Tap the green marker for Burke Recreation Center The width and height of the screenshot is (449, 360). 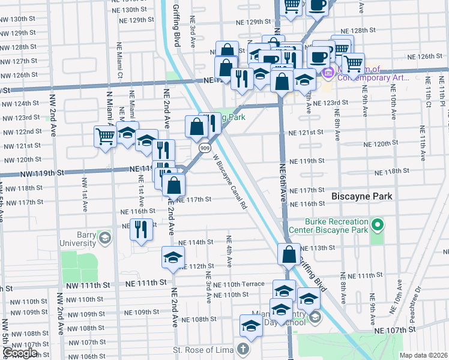[377, 226]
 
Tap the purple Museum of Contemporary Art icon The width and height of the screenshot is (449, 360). [328, 73]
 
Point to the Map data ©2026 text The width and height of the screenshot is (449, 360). [423, 355]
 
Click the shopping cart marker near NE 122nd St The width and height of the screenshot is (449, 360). [105, 136]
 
